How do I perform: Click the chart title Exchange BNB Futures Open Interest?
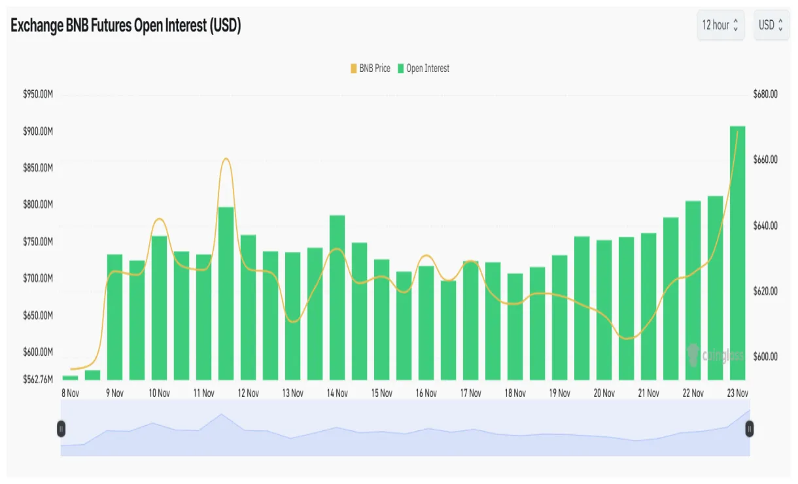pyautogui.click(x=126, y=26)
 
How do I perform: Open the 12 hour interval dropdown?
pyautogui.click(x=720, y=26)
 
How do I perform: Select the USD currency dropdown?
pyautogui.click(x=771, y=26)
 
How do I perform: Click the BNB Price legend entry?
pyautogui.click(x=371, y=69)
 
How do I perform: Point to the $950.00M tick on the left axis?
pyautogui.click(x=37, y=95)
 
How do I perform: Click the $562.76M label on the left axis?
pyautogui.click(x=37, y=379)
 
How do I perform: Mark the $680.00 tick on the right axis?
pyautogui.click(x=765, y=95)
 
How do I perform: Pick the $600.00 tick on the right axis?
pyautogui.click(x=765, y=357)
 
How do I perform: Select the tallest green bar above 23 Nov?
pyautogui.click(x=737, y=252)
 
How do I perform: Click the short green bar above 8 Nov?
pyautogui.click(x=70, y=377)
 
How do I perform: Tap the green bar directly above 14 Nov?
pyautogui.click(x=337, y=298)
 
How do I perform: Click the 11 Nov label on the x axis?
pyautogui.click(x=203, y=394)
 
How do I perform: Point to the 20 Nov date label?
pyautogui.click(x=604, y=394)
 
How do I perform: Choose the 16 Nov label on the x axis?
pyautogui.click(x=426, y=394)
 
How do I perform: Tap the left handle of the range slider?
pyautogui.click(x=61, y=429)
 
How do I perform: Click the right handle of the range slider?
pyautogui.click(x=750, y=429)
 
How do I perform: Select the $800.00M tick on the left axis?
pyautogui.click(x=37, y=205)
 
